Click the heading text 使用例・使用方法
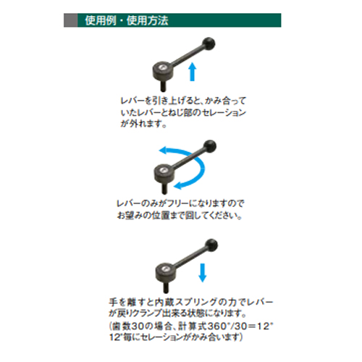[127, 20]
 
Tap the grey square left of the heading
[71, 20]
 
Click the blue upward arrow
[192, 72]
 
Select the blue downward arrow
[202, 273]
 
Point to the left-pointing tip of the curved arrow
[159, 150]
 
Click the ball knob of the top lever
[209, 44]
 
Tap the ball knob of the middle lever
[210, 146]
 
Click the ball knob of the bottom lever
[211, 245]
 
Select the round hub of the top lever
[161, 71]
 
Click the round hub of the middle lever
[163, 173]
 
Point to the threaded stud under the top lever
[164, 86]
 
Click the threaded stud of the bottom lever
[167, 287]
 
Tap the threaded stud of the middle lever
[165, 188]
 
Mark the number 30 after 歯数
[138, 327]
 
